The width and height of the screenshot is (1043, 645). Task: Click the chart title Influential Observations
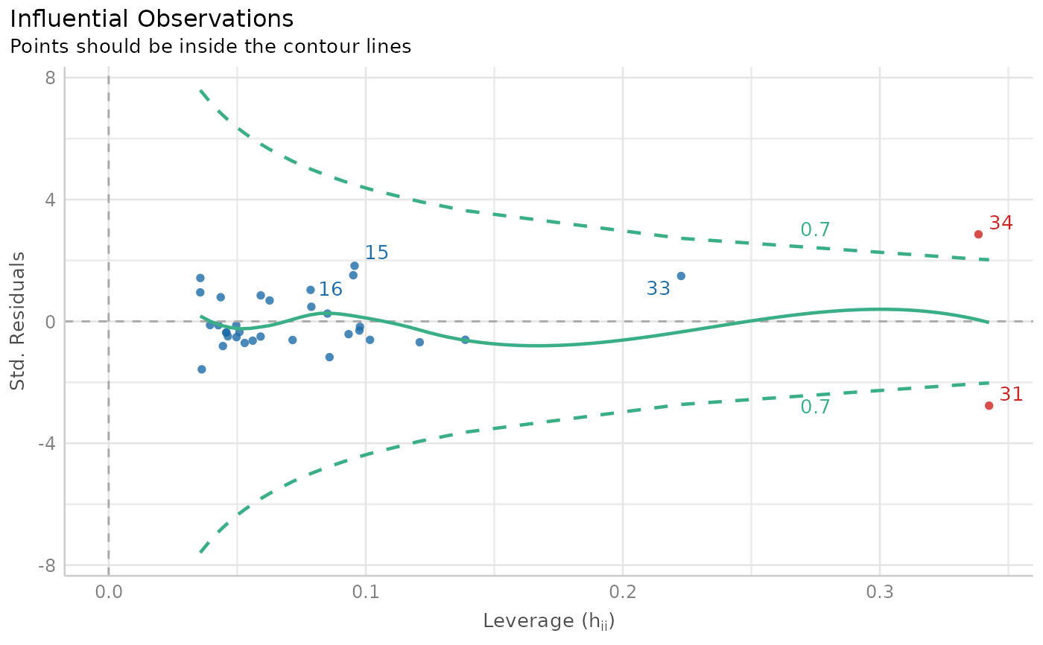151,19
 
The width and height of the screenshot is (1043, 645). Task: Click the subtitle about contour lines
210,47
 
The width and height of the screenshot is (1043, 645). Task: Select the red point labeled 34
978,234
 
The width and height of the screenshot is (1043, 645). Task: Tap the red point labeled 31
989,405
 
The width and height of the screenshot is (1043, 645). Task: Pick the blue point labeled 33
681,276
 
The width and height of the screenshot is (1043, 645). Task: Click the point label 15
377,253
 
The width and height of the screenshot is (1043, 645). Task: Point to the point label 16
330,290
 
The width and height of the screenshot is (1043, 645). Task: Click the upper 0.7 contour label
815,230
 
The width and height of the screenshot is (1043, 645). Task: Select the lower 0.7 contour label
815,407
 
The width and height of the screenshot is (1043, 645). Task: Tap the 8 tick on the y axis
51,78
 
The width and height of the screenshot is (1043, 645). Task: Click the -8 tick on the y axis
47,565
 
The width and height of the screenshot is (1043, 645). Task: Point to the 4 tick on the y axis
51,200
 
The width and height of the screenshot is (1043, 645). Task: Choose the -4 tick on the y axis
47,443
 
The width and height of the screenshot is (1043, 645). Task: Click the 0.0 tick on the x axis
109,594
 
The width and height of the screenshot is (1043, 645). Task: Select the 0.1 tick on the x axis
366,594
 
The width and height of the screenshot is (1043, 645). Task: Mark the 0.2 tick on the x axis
623,594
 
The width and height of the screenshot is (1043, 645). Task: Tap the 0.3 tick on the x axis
880,594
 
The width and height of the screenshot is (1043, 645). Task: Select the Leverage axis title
548,621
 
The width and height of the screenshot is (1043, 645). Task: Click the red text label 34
1001,223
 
